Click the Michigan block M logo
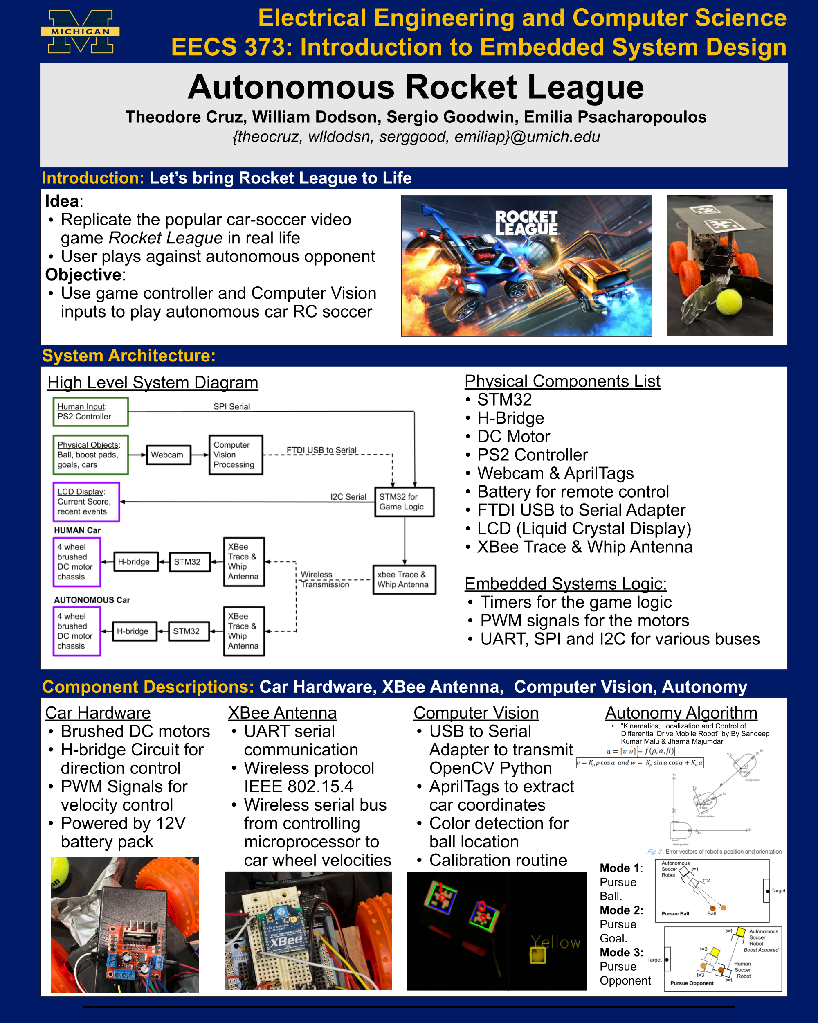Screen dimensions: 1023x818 (x=80, y=32)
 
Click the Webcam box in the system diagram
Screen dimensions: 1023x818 (x=168, y=455)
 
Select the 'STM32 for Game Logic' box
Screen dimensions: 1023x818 (x=404, y=502)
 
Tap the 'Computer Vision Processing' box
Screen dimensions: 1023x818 (x=235, y=455)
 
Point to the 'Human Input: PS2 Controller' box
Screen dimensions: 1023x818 (x=90, y=411)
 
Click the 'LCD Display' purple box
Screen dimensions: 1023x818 (x=86, y=502)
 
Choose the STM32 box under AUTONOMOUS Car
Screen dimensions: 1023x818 (x=188, y=631)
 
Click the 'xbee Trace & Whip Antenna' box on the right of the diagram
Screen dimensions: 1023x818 (x=404, y=579)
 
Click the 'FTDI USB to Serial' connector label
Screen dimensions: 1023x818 (x=321, y=450)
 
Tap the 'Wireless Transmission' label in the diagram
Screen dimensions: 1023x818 (x=324, y=579)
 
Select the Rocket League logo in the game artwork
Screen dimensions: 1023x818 (x=526, y=223)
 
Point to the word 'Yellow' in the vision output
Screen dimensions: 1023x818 (x=555, y=942)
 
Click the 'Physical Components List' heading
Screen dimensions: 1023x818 (x=562, y=381)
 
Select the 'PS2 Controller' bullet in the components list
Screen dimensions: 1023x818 (x=532, y=455)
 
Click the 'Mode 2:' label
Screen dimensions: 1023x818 (x=621, y=910)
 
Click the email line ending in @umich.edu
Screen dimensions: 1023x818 (x=416, y=137)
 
